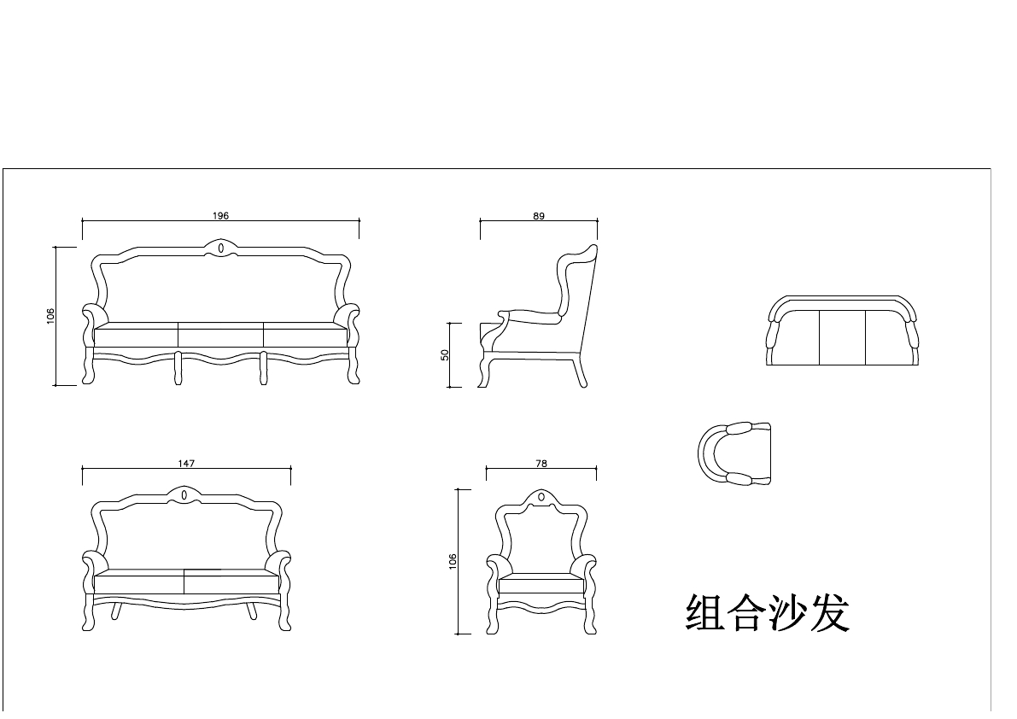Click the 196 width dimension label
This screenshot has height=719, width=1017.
click(x=220, y=216)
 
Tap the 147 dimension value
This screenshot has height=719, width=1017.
click(x=186, y=464)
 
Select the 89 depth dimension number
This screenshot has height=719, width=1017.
click(x=539, y=216)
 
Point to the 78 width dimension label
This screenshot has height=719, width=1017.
click(x=541, y=464)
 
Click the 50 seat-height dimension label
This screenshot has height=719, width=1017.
click(x=445, y=354)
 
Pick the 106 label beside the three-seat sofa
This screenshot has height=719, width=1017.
click(x=50, y=316)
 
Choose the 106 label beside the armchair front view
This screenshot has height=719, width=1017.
click(x=453, y=561)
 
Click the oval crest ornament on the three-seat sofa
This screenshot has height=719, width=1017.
click(x=221, y=248)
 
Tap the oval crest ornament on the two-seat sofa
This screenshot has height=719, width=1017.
click(x=184, y=494)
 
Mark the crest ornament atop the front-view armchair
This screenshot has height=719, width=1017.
click(x=541, y=496)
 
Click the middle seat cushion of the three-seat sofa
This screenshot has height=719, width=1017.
click(x=220, y=335)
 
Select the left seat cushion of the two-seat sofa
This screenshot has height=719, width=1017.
click(x=138, y=584)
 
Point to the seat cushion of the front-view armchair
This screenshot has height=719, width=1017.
click(x=541, y=585)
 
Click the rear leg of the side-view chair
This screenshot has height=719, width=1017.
click(x=580, y=372)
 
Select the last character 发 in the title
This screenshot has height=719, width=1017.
click(x=830, y=613)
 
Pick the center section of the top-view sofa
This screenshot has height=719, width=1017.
click(x=842, y=337)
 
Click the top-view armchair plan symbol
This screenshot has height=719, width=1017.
click(x=734, y=453)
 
